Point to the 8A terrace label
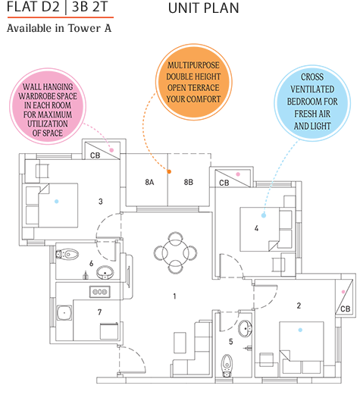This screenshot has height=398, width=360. coord(150,183)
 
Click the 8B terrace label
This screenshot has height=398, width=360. coord(188,183)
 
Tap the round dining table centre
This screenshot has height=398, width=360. coord(175,251)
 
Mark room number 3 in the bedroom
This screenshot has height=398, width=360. coord(100,201)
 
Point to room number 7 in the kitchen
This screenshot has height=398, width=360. coord(99,312)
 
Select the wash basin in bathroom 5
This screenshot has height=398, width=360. coord(244,328)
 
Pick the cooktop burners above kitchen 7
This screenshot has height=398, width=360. coord(99,292)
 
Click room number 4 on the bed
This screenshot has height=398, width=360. coord(257,227)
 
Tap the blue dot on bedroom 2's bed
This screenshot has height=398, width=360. coord(301,331)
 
